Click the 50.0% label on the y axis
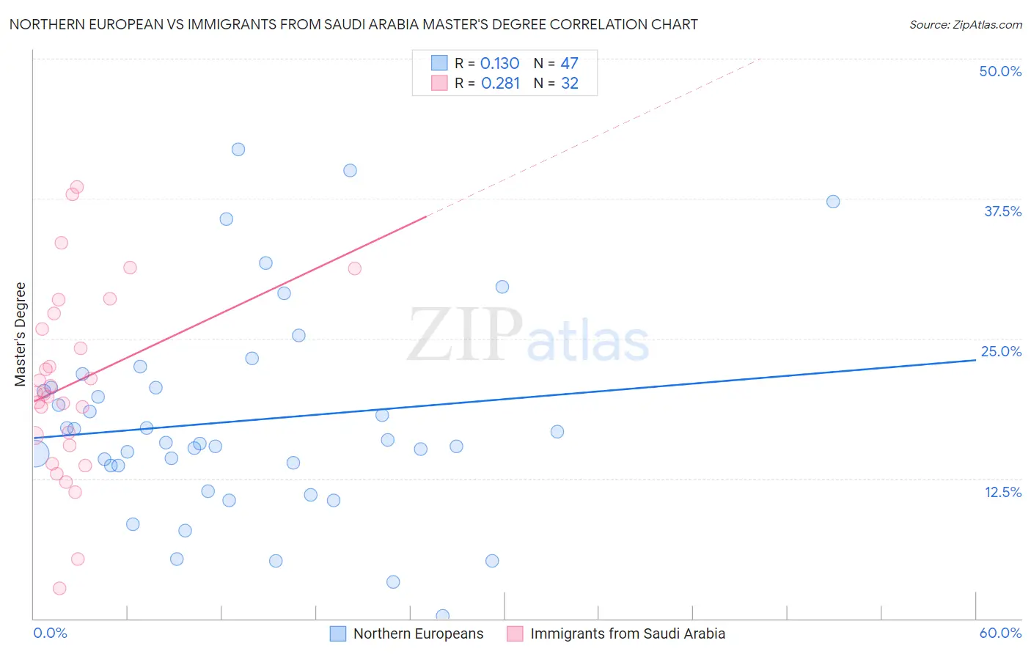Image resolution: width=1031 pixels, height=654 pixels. click(x=1000, y=71)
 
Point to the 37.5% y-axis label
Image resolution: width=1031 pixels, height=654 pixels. click(x=1002, y=211)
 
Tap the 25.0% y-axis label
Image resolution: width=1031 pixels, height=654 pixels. click(x=1001, y=351)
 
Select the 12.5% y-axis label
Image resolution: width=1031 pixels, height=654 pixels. click(x=1002, y=492)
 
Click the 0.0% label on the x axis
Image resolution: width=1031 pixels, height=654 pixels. click(x=50, y=633)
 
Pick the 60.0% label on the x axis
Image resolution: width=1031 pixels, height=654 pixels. click(x=1000, y=633)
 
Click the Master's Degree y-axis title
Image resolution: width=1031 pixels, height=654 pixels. click(x=21, y=334)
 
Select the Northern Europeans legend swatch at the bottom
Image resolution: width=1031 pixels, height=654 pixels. click(x=338, y=633)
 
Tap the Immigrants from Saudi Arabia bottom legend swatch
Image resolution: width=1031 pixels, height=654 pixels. click(x=515, y=633)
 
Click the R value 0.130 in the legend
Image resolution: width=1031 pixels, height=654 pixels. click(x=499, y=64)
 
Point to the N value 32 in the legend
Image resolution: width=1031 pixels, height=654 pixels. click(x=570, y=84)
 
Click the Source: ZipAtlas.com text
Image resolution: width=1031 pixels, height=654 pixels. click(x=965, y=25)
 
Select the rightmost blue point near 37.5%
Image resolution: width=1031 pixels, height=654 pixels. click(x=833, y=202)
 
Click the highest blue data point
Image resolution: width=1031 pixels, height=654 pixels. click(x=238, y=150)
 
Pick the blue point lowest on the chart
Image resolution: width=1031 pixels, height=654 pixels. click(x=442, y=616)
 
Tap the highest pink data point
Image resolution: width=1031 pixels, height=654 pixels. click(x=77, y=187)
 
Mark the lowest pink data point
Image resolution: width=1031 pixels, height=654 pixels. click(x=59, y=588)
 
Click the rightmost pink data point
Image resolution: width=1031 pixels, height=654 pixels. click(x=355, y=268)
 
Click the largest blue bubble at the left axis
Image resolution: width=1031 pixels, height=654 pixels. click(x=34, y=455)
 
